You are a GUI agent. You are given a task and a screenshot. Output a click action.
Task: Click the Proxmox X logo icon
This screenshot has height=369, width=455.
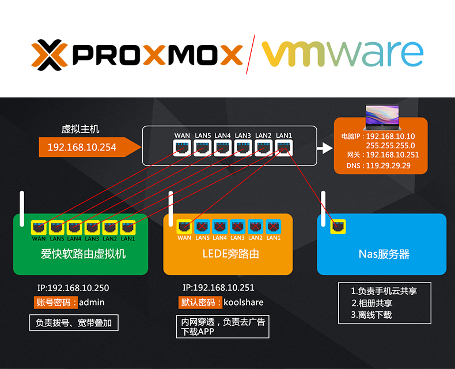(x=50, y=55)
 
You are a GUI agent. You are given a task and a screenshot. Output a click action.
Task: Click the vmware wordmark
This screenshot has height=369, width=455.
(x=343, y=54)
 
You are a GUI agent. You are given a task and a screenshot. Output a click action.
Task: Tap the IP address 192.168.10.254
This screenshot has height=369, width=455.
(x=82, y=147)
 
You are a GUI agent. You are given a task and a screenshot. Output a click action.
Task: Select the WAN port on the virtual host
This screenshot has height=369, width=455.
(x=182, y=148)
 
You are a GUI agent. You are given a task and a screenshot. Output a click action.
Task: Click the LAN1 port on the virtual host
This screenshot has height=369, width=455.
(x=284, y=148)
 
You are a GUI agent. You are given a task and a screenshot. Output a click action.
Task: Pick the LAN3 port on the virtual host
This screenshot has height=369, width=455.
(x=243, y=148)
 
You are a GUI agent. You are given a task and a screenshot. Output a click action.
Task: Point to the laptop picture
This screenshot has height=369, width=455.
(x=382, y=117)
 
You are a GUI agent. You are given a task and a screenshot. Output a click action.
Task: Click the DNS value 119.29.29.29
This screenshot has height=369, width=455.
(x=388, y=166)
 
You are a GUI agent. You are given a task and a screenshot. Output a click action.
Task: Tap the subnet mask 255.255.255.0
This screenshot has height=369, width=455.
(x=390, y=145)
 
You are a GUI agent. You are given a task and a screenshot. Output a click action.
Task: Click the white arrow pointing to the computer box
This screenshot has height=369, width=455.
(x=325, y=148)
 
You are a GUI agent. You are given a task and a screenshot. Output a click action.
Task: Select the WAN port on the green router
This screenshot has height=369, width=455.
(x=39, y=227)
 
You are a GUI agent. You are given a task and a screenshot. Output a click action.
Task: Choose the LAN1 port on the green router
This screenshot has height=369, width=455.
(x=128, y=227)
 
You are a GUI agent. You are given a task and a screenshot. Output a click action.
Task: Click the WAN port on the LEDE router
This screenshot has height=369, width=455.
(x=184, y=227)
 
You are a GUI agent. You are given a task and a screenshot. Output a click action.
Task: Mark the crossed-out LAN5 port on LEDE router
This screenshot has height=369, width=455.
(x=202, y=227)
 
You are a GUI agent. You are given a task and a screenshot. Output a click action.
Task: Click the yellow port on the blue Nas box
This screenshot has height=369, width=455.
(x=338, y=227)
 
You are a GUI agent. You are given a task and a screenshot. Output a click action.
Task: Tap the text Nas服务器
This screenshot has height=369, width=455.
(x=384, y=254)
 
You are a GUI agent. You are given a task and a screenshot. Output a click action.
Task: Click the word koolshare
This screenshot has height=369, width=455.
(x=244, y=303)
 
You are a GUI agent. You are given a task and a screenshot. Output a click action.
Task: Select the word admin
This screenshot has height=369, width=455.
(x=92, y=303)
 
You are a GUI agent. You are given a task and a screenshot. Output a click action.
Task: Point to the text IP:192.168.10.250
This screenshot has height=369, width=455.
(x=73, y=288)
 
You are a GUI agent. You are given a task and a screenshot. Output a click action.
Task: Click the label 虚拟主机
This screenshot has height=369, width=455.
(x=80, y=129)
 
